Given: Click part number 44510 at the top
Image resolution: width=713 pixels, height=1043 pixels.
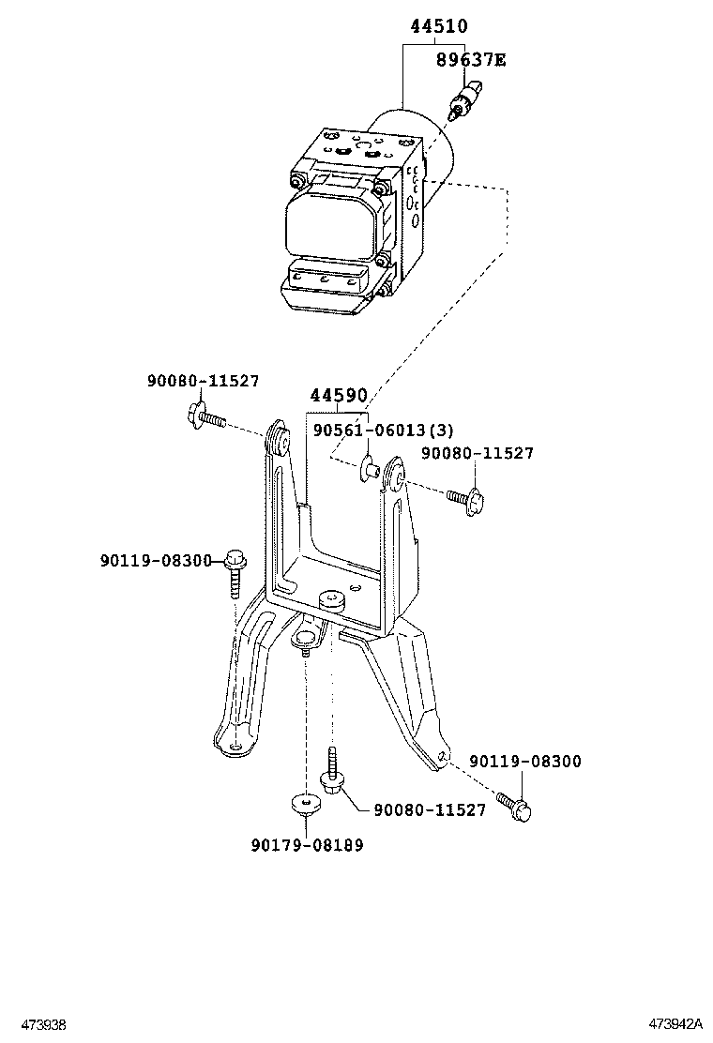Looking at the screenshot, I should point(439,27).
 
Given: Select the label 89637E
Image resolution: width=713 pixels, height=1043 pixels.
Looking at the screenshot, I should point(470,60).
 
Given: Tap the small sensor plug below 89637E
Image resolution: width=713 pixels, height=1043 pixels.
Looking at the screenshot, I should point(463,100).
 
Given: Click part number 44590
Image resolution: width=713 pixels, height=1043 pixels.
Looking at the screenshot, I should point(338,397).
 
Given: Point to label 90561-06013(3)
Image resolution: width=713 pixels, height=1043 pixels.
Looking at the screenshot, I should point(383,431).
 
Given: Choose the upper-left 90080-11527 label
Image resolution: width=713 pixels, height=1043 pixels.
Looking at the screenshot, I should point(203,381).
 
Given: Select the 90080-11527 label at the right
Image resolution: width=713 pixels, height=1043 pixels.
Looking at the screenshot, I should point(477,454).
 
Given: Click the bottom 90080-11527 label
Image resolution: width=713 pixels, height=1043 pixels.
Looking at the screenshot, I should point(430,809).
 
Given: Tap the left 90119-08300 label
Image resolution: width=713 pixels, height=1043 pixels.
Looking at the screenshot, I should point(157,560).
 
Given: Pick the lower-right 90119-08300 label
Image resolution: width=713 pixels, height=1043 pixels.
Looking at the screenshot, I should point(525,762).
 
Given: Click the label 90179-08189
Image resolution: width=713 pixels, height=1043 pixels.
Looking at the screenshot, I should point(307,845).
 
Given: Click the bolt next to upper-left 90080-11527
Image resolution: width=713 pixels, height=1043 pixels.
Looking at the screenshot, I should point(205,416).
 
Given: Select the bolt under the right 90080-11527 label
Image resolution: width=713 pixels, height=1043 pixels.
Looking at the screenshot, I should point(465,498).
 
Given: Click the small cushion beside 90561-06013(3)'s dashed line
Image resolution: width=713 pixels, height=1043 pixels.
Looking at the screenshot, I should point(368,466).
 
